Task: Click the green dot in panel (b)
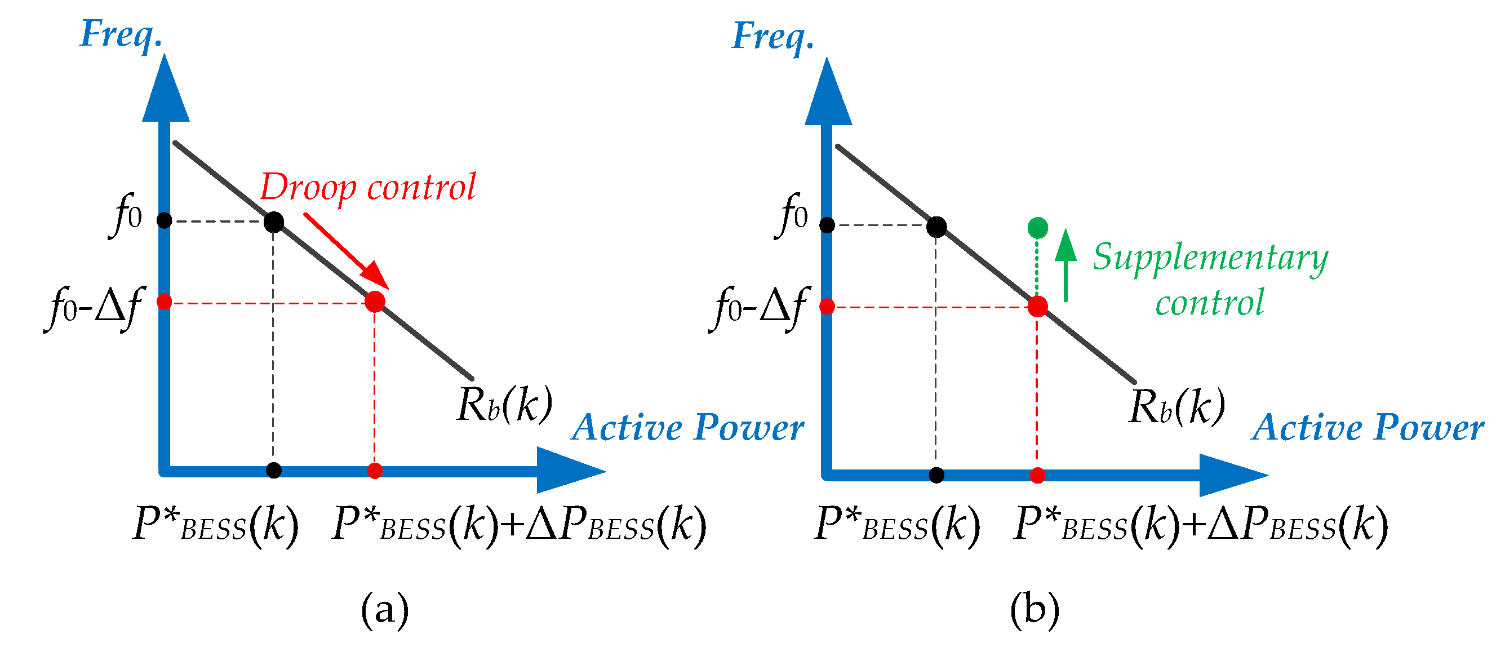1037,227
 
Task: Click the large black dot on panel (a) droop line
273,222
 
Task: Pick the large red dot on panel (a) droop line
375,302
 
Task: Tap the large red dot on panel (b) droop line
1037,306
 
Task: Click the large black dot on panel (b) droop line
936,226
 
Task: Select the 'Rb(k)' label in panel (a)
504,405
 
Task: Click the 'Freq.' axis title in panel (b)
773,36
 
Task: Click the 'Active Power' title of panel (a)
687,428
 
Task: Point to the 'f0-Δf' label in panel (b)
758,309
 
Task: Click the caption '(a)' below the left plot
384,610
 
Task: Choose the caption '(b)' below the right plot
1034,610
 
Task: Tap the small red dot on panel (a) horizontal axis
375,471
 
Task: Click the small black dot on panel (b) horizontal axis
936,475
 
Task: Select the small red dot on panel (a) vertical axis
164,302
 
